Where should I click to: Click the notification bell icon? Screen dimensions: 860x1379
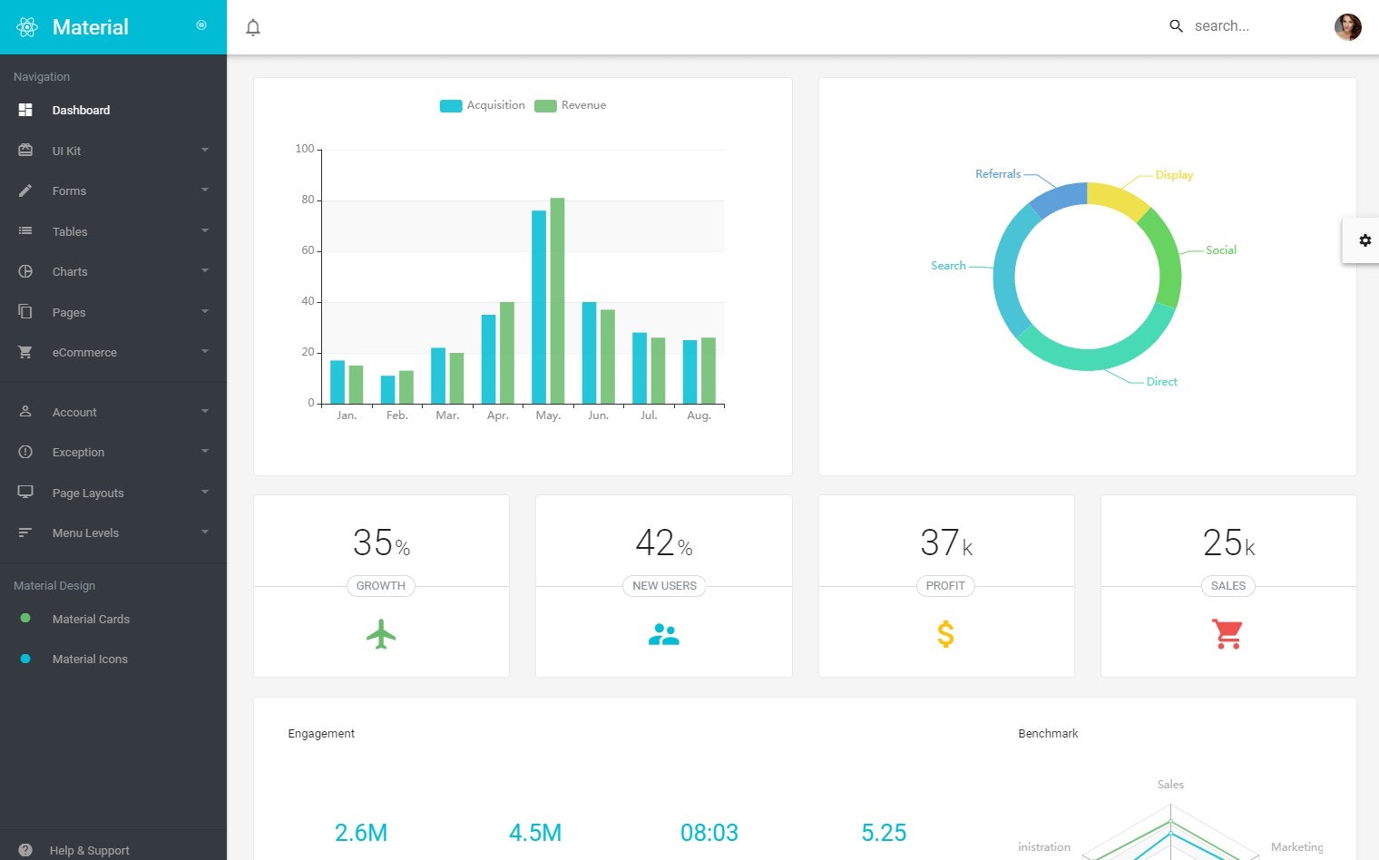tap(253, 27)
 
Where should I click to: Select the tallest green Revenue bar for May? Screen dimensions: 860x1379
tap(557, 299)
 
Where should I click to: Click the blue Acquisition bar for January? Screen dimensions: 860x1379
tap(337, 382)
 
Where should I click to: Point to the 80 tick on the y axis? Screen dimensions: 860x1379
tap(308, 200)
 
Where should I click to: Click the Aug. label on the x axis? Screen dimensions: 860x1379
tap(699, 415)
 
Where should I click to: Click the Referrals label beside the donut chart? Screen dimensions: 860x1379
tap(997, 174)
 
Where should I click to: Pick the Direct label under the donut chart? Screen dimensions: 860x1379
tap(1161, 382)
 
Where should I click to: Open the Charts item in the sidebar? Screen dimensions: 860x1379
tap(70, 271)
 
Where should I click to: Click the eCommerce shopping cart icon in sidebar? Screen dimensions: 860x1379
tap(25, 352)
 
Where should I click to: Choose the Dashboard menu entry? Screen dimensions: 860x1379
tap(81, 110)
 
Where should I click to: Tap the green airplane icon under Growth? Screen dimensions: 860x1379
tap(381, 634)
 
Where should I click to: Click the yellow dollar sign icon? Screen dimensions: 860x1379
tap(945, 634)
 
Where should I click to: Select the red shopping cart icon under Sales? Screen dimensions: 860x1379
tap(1227, 634)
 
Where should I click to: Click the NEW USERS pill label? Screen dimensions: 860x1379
tap(664, 586)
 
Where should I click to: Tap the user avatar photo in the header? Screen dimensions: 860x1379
tap(1347, 27)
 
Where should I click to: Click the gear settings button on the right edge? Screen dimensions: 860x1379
tap(1364, 240)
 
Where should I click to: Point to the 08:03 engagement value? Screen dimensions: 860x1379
tap(709, 833)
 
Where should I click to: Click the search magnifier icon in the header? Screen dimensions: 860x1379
tap(1176, 26)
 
